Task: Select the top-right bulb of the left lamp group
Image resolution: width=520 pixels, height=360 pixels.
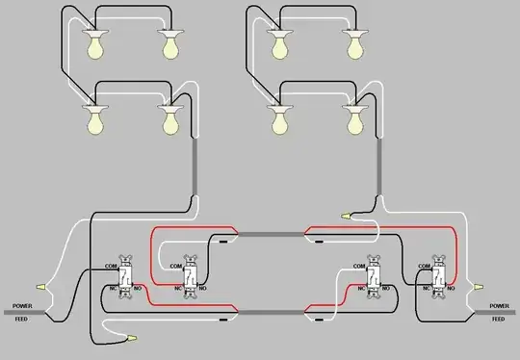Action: coord(171,44)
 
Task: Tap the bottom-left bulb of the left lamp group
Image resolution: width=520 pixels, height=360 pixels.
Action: coord(96,118)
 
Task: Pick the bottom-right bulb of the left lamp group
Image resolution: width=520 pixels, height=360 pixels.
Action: coord(171,118)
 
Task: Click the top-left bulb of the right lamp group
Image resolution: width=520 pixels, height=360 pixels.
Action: coord(280,44)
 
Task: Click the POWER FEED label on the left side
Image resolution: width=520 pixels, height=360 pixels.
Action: coord(22,311)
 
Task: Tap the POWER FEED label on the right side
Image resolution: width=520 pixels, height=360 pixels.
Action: coord(497,311)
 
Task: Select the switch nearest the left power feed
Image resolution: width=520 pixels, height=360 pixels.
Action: coord(122,277)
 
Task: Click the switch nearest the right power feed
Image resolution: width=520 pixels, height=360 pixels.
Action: coord(440,277)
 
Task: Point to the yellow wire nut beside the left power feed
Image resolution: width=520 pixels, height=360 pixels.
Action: coord(41,286)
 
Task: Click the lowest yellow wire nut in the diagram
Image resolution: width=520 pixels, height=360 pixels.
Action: coord(131,338)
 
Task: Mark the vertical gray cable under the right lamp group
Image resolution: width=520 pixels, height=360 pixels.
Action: coord(377,168)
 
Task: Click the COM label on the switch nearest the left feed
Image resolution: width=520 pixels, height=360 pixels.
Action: coord(111,266)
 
